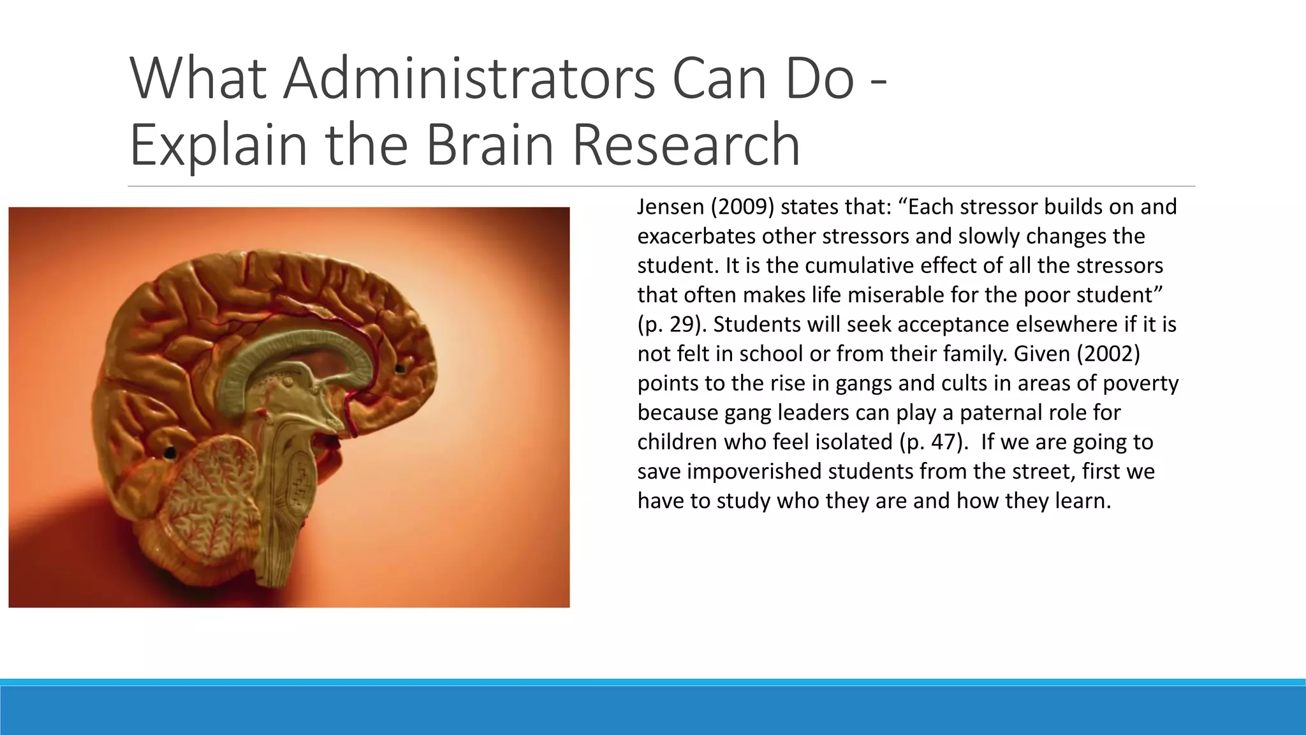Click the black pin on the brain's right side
(x=400, y=368)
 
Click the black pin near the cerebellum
(x=170, y=453)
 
